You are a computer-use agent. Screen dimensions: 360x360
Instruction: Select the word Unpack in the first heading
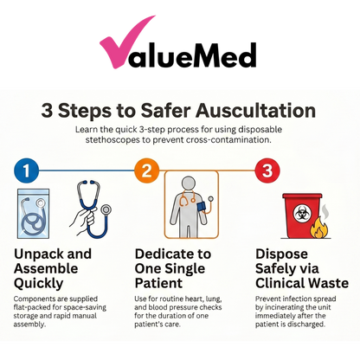pyautogui.click(x=42, y=254)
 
